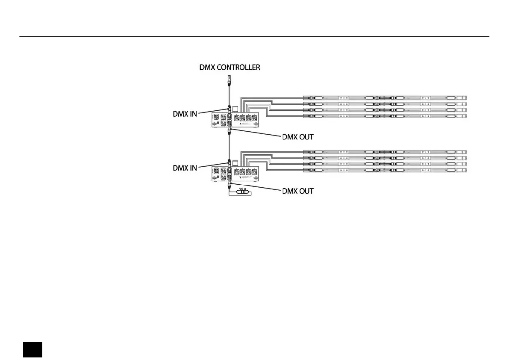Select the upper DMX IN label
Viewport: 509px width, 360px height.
pyautogui.click(x=185, y=114)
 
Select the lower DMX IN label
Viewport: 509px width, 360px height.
pyautogui.click(x=185, y=168)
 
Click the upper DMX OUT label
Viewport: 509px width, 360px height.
pyautogui.click(x=298, y=137)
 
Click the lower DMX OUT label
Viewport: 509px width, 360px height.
pyautogui.click(x=298, y=191)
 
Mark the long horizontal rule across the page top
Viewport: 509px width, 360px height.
pyautogui.click(x=254, y=37)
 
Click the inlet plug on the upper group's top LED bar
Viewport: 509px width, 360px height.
pyautogui.click(x=312, y=97)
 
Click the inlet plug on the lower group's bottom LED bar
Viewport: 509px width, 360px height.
pyautogui.click(x=312, y=171)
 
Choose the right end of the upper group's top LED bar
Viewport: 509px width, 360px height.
pyautogui.click(x=465, y=97)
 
